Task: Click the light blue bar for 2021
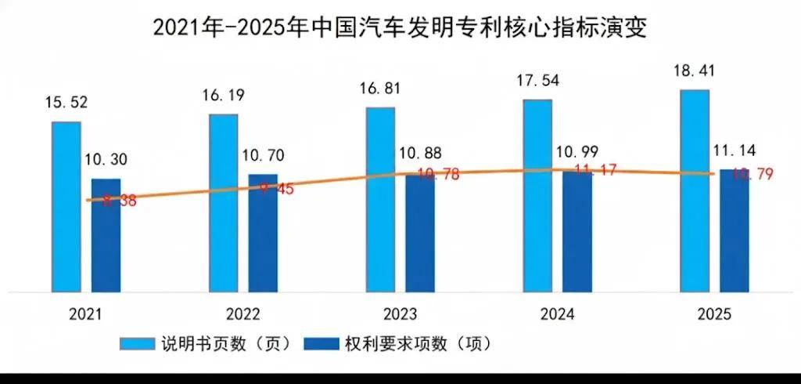[66, 206]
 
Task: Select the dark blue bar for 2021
[106, 235]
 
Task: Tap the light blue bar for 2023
[381, 199]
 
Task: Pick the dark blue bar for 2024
[577, 231]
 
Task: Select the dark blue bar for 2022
[263, 233]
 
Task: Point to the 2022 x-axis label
[243, 314]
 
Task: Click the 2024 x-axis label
[557, 314]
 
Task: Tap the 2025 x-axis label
[714, 314]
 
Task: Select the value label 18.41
[695, 71]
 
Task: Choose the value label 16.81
[381, 88]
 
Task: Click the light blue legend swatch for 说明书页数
[134, 343]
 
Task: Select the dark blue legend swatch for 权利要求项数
[321, 343]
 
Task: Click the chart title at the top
[400, 27]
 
